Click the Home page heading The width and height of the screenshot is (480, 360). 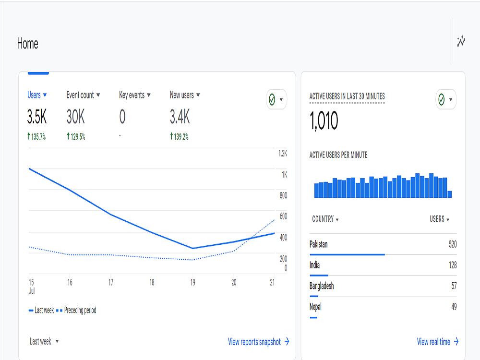(x=27, y=44)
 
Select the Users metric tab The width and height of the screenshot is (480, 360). (x=34, y=95)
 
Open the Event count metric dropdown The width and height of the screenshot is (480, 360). (x=83, y=95)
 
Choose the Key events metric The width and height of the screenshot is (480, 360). (x=132, y=95)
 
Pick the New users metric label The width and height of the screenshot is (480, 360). (x=182, y=95)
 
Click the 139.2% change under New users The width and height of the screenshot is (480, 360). (x=180, y=136)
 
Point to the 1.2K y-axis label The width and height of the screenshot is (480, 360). (x=283, y=154)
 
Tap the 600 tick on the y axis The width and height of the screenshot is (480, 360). (x=284, y=216)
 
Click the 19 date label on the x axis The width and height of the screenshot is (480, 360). (x=192, y=282)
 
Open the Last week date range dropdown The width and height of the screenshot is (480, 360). (x=44, y=341)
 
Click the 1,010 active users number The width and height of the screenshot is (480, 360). (x=324, y=120)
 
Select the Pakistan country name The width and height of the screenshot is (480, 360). (x=318, y=244)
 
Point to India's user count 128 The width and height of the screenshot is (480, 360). (x=453, y=265)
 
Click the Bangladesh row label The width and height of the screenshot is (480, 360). (x=322, y=286)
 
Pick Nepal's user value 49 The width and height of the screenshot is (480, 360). (x=454, y=306)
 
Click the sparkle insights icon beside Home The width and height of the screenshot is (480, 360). (x=461, y=41)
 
